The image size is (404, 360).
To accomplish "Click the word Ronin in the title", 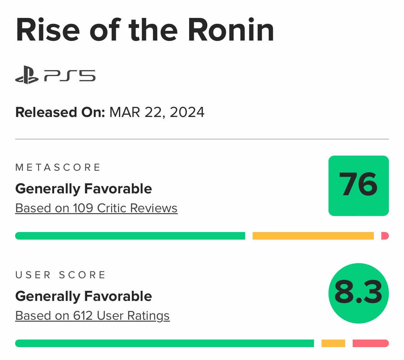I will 231,30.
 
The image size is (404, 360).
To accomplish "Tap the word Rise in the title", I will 48,30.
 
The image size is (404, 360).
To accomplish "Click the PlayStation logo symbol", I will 27,75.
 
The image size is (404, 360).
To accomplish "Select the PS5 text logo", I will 70,76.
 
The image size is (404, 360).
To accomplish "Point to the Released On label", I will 60,112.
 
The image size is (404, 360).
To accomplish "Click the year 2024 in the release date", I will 187,112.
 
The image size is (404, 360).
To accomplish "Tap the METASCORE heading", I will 58,167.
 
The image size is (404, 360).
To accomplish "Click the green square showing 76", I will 358,186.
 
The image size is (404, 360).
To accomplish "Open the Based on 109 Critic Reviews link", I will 96,208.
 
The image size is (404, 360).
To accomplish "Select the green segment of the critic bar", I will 130,236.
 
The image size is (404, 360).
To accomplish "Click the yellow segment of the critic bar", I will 313,236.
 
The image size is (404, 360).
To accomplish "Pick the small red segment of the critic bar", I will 385,236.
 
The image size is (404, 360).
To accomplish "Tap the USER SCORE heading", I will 60,275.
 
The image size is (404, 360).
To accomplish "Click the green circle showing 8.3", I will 358,293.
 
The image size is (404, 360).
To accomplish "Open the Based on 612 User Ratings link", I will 93,316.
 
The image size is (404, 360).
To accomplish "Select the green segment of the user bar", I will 165,343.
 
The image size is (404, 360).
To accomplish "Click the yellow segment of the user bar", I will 333,343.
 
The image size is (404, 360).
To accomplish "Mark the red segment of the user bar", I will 371,343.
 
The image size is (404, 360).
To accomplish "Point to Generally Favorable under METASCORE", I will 84,189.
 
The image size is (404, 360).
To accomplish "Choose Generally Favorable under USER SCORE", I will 84,296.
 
